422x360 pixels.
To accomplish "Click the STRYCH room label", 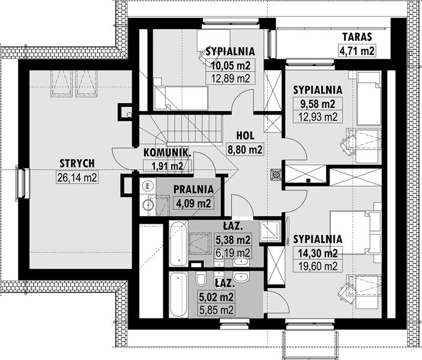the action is point(77,163).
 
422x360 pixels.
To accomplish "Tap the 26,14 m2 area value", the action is point(77,178).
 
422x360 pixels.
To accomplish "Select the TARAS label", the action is point(357,37).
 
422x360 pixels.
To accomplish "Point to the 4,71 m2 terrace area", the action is point(357,50).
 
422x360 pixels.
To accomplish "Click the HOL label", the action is point(245,136).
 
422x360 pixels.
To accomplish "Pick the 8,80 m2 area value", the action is point(245,149).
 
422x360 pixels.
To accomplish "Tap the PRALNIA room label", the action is point(193,189).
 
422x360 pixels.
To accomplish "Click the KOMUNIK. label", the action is point(167,153).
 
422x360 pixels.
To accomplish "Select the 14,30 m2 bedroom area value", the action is point(318,253).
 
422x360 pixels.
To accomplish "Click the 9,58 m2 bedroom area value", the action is point(318,104).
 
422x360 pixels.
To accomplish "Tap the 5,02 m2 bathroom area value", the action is point(216,297).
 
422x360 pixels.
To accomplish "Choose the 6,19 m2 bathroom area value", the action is point(233,253).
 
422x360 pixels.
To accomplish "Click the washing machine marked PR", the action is point(147,185).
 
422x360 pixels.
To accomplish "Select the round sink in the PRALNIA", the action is point(148,205).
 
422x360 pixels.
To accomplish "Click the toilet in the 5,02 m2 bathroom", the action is point(200,280).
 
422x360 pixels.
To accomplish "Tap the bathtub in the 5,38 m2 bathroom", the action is point(178,243).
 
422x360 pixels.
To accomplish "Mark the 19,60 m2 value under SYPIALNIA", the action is point(318,266).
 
